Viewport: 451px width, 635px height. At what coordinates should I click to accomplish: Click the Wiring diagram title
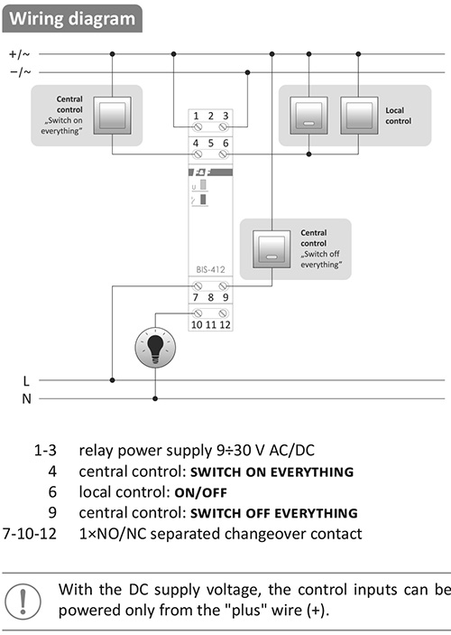pyautogui.click(x=72, y=19)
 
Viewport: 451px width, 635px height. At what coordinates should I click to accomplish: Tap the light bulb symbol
pyautogui.click(x=155, y=348)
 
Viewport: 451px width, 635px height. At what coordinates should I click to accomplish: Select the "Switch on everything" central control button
pyautogui.click(x=112, y=116)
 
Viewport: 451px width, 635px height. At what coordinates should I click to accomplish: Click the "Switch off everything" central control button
pyautogui.click(x=272, y=249)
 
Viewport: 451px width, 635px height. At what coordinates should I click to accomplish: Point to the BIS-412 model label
pyautogui.click(x=210, y=270)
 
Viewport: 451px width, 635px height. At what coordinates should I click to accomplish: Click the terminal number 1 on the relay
pyautogui.click(x=196, y=116)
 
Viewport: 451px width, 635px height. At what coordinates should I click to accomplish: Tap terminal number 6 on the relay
pyautogui.click(x=225, y=143)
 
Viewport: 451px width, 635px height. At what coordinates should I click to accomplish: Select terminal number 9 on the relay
pyautogui.click(x=225, y=297)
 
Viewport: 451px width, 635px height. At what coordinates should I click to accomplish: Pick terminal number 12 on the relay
pyautogui.click(x=225, y=324)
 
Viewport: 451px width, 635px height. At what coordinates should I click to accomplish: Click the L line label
pyautogui.click(x=26, y=380)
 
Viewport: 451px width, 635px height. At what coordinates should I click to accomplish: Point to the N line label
pyautogui.click(x=26, y=399)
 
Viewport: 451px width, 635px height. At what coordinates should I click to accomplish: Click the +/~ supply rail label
pyautogui.click(x=20, y=54)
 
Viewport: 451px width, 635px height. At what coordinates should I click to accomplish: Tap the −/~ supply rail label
pyautogui.click(x=20, y=72)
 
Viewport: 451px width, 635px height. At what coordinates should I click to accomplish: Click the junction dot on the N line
pyautogui.click(x=155, y=399)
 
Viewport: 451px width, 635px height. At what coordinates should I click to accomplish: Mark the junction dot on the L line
pyautogui.click(x=113, y=380)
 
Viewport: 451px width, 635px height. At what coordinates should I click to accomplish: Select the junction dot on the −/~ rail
pyautogui.click(x=247, y=72)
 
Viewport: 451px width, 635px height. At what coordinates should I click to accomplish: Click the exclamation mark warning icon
pyautogui.click(x=23, y=602)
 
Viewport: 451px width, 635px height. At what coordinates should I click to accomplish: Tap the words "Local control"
pyautogui.click(x=398, y=116)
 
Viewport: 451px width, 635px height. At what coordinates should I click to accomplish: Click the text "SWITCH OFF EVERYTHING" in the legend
pyautogui.click(x=274, y=513)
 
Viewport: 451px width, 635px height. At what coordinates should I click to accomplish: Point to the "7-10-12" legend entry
pyautogui.click(x=30, y=534)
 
